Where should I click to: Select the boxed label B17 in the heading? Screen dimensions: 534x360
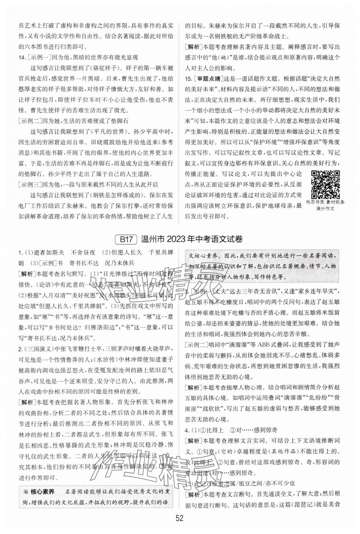pos(126,239)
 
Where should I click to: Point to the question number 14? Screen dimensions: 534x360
pos(22,58)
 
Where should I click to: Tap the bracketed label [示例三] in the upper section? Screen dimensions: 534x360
pos(30,184)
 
